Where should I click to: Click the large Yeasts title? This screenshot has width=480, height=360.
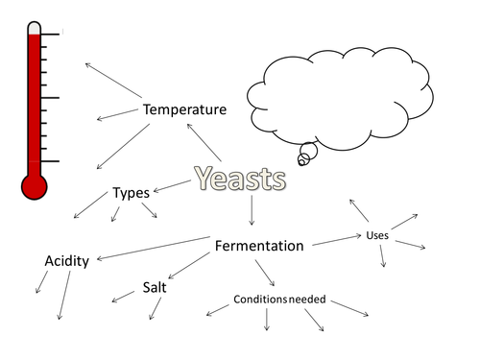pos(239,178)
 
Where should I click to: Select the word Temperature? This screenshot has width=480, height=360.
pos(185,109)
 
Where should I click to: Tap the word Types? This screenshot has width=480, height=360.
pos(131,193)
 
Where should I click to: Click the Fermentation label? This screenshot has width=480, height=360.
pos(259,246)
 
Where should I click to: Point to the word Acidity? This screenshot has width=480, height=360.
pos(67,261)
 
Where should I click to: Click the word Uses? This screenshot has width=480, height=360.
pos(377,235)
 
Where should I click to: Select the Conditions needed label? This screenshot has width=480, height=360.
pos(280,300)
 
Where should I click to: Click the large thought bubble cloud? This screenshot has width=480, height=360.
pos(335,96)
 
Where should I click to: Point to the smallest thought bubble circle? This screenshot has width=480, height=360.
pos(302,160)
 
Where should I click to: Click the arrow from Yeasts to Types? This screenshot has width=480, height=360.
pos(172,184)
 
